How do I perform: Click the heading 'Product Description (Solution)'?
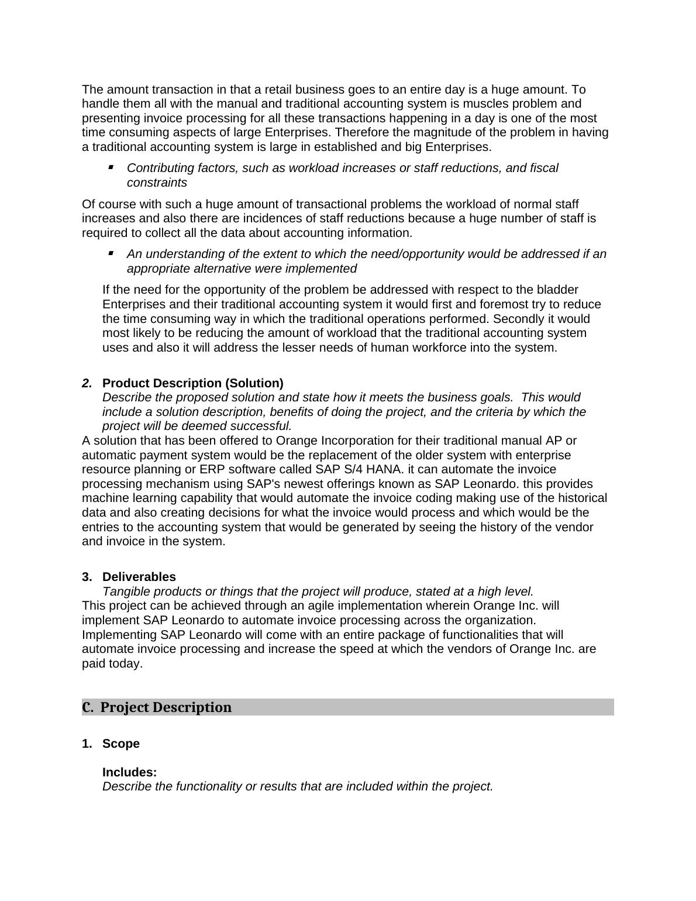[x=192, y=383]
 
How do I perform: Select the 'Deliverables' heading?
[x=139, y=577]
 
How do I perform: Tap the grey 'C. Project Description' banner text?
[x=166, y=707]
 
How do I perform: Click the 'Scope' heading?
[x=121, y=744]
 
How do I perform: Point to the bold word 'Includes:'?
[x=129, y=772]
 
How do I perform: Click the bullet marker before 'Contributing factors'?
[x=111, y=167]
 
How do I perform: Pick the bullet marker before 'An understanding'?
[x=111, y=253]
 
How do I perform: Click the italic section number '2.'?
[x=87, y=383]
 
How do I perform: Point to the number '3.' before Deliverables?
[x=87, y=577]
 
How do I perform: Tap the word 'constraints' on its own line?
[x=157, y=183]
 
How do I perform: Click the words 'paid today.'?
[x=112, y=663]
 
